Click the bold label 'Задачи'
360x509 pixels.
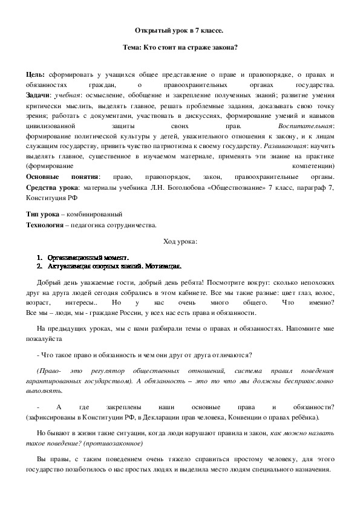(38, 96)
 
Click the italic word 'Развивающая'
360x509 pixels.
(287, 147)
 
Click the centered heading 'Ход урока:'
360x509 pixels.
(180, 242)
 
